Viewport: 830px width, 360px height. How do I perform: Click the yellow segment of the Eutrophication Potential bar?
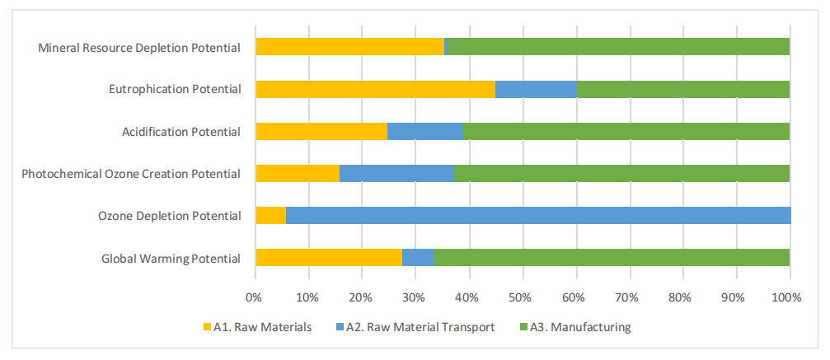[375, 89]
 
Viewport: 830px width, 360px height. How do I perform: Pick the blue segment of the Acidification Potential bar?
[424, 131]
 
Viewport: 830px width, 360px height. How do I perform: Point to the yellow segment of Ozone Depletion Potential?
[270, 216]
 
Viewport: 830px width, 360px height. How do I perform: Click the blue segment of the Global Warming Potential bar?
[418, 258]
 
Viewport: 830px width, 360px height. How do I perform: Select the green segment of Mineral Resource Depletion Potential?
[617, 47]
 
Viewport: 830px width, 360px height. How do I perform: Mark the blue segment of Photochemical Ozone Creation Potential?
[396, 173]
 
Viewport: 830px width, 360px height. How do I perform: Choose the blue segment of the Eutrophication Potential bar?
[536, 89]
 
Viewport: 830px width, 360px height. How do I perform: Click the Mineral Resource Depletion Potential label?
[139, 48]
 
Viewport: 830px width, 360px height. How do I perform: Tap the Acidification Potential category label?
[181, 132]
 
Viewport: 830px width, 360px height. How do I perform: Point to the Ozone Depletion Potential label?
[169, 216]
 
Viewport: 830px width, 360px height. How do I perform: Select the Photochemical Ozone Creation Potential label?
[131, 174]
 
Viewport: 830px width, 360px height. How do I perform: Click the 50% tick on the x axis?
[521, 295]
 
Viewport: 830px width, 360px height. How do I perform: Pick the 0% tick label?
[254, 295]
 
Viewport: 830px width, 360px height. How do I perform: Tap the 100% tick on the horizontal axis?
[788, 295]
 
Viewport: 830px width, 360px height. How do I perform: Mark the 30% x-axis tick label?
[415, 295]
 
